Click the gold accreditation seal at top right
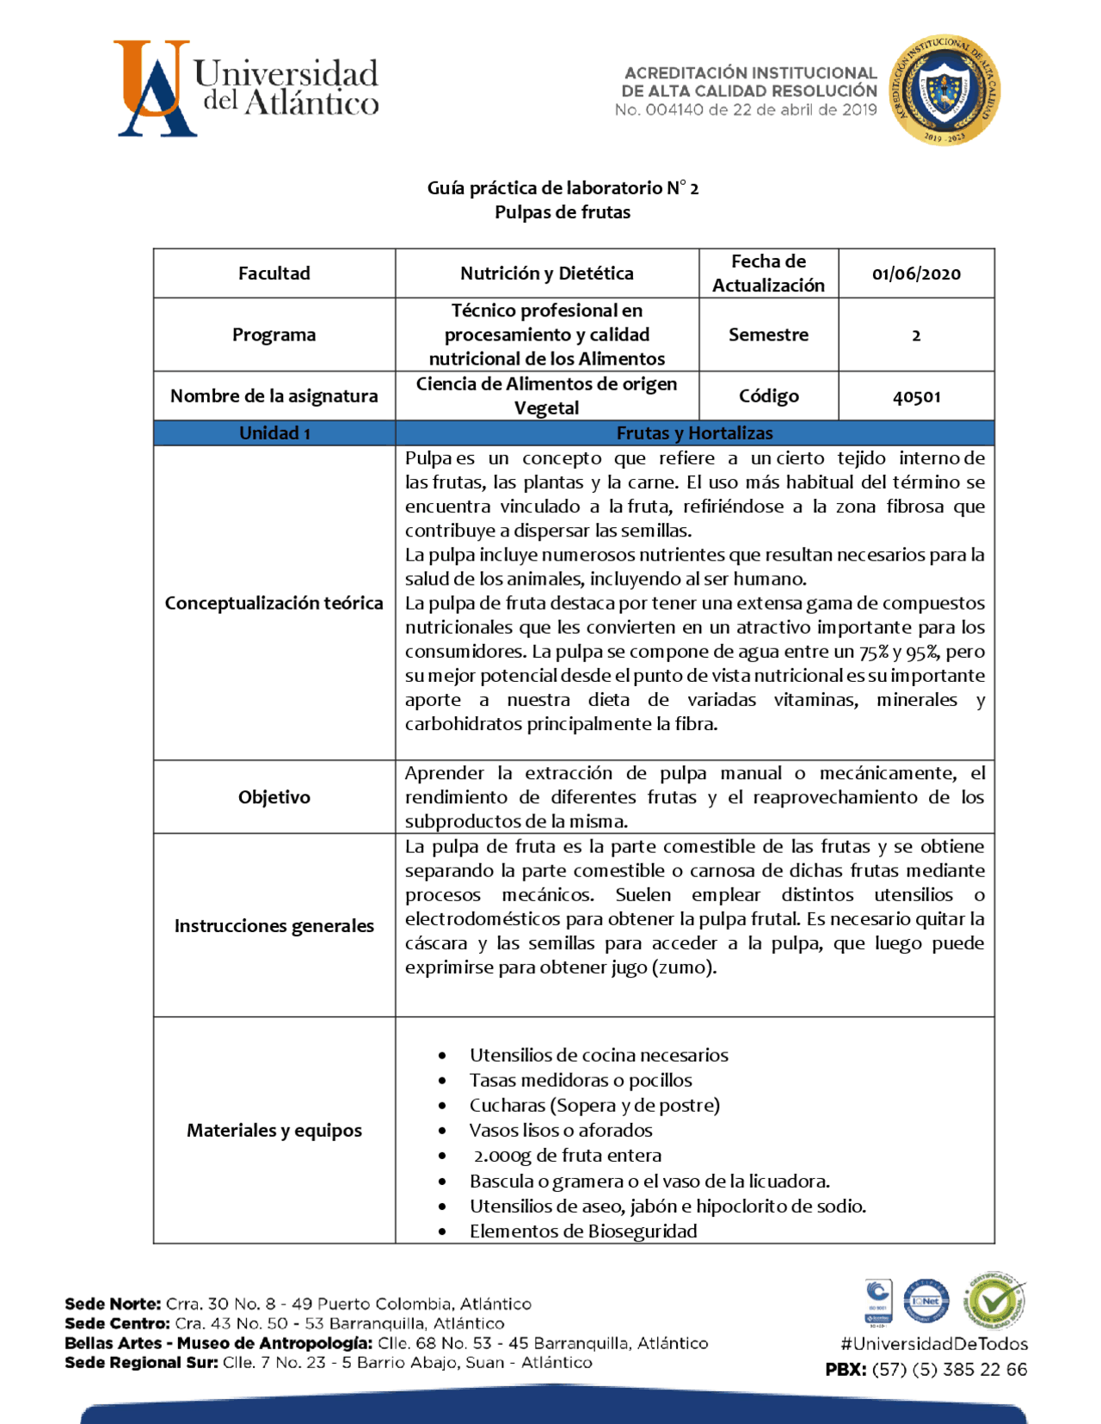point(944,90)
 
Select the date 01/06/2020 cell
point(916,274)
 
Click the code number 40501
point(916,396)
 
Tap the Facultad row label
point(274,273)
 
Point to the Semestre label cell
point(768,335)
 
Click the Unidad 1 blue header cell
point(274,433)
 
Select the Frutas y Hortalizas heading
point(694,433)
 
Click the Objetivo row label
point(274,797)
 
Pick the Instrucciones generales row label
point(274,925)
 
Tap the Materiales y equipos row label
point(274,1130)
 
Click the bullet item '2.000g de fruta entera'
point(567,1156)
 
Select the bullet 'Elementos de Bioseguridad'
point(582,1231)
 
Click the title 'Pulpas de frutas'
point(562,212)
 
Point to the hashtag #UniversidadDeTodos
point(934,1343)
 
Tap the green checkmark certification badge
point(993,1300)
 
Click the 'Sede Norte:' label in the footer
point(113,1304)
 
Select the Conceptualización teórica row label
point(274,603)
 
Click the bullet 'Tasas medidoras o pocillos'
point(580,1080)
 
